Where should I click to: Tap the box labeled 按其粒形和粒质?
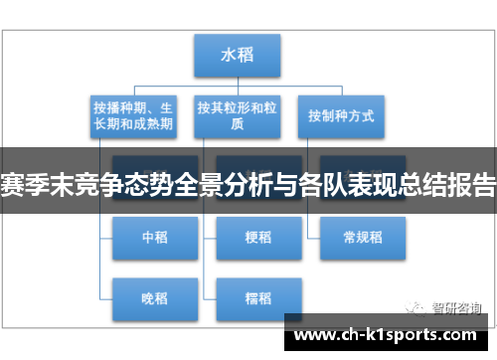click(238, 117)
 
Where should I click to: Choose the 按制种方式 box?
click(341, 116)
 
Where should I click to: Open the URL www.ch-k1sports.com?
click(388, 335)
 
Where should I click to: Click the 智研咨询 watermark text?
click(456, 306)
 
